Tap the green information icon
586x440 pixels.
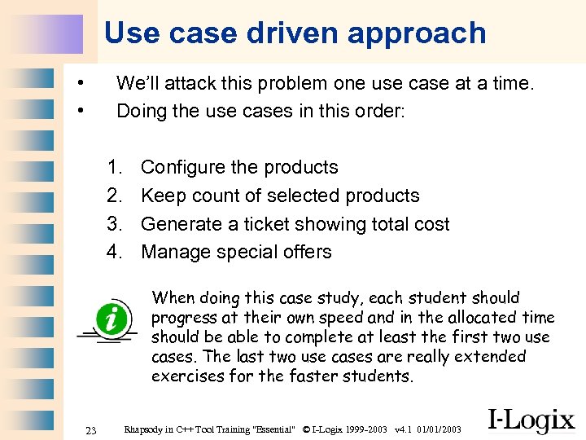pyautogui.click(x=109, y=316)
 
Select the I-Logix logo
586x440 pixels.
pyautogui.click(x=531, y=420)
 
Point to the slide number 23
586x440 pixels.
pyautogui.click(x=91, y=430)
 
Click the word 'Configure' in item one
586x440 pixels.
pyautogui.click(x=183, y=167)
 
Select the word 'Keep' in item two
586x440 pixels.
pyautogui.click(x=163, y=196)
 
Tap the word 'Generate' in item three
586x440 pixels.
pyautogui.click(x=181, y=224)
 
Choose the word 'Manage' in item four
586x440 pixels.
pyautogui.click(x=173, y=252)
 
